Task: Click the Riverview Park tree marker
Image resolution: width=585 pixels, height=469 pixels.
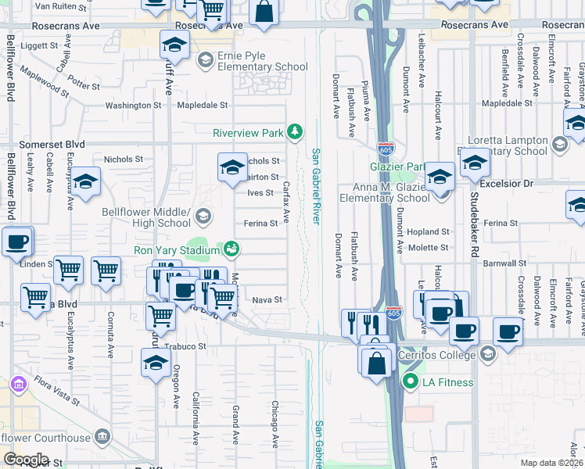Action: point(295,132)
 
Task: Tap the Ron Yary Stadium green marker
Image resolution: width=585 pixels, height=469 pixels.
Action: point(231,249)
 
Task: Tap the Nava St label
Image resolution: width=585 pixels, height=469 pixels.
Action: point(267,299)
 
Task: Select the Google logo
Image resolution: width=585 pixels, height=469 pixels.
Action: point(26,460)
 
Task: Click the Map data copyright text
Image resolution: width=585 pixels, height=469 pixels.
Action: point(552,463)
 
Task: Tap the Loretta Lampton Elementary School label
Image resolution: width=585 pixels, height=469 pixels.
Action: point(507,145)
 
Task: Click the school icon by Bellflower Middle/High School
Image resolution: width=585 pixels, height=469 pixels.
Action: point(203,216)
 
